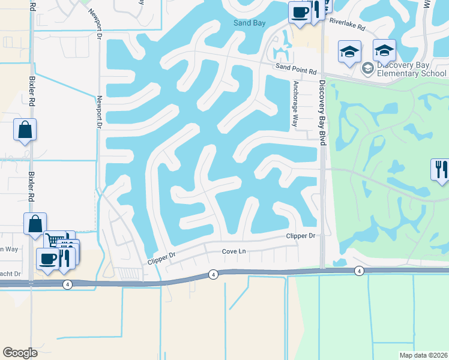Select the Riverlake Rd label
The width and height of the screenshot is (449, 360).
click(x=347, y=27)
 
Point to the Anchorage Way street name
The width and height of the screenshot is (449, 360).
click(x=295, y=104)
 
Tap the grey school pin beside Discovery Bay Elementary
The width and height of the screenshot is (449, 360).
click(x=367, y=69)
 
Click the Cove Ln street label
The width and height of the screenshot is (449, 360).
click(x=235, y=252)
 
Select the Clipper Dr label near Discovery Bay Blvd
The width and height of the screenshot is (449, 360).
click(x=301, y=236)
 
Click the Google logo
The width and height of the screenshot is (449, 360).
click(x=20, y=352)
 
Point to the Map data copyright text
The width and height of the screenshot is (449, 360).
click(x=423, y=355)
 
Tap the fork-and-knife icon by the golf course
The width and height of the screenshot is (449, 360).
click(x=439, y=169)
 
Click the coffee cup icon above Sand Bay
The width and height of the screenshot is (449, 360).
click(x=299, y=11)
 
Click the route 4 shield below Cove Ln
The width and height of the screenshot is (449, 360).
click(x=214, y=274)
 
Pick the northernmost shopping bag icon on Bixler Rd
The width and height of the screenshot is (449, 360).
click(x=25, y=130)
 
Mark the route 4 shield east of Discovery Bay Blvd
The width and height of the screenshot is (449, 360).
click(x=359, y=271)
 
